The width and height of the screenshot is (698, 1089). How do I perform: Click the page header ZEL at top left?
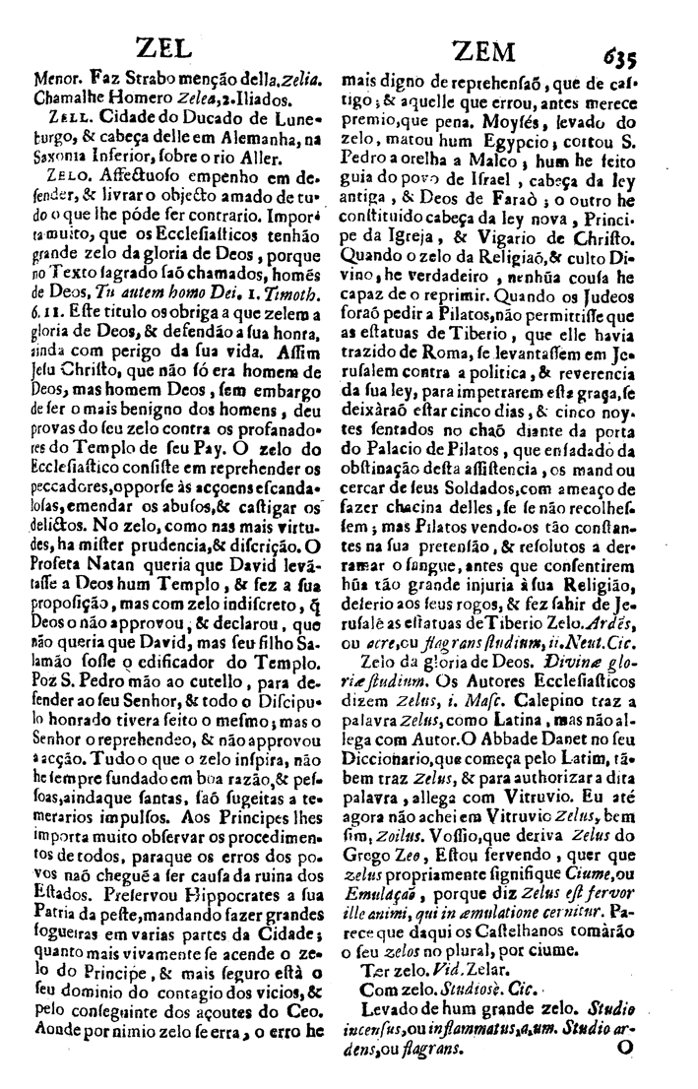click(163, 45)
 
